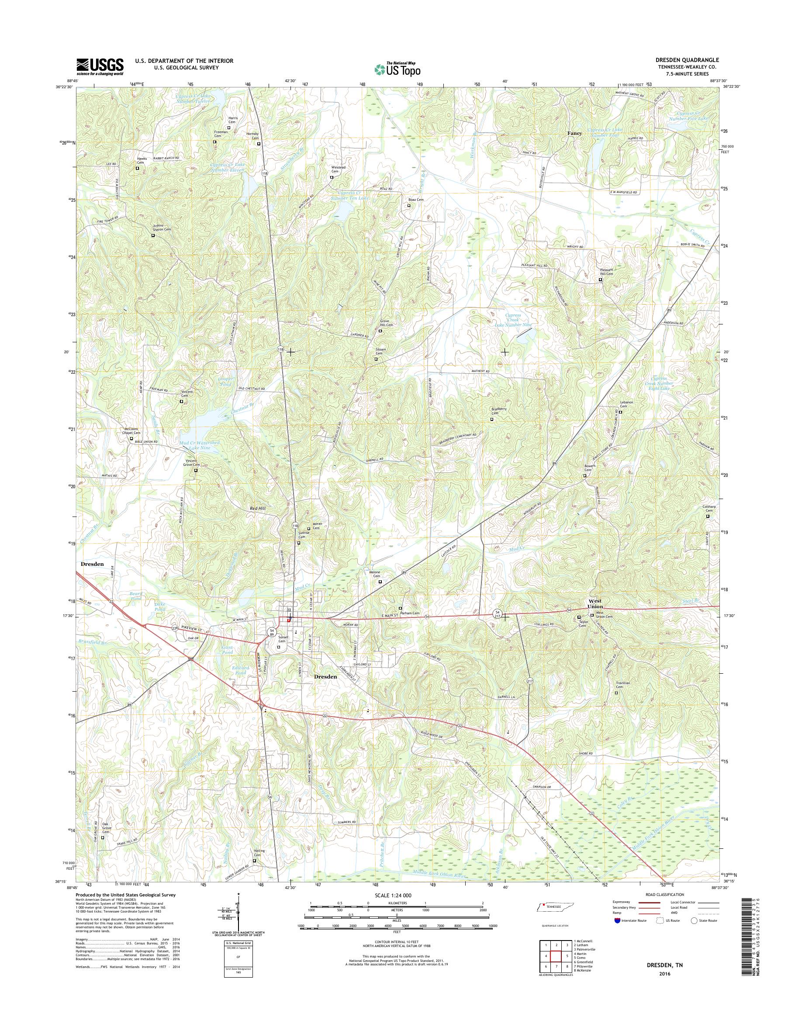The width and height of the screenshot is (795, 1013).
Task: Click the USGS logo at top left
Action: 100,66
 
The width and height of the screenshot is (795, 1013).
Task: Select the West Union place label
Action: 595,603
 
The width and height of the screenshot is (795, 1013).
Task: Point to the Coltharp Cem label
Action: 709,509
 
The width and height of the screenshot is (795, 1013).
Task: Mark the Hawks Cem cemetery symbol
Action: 137,169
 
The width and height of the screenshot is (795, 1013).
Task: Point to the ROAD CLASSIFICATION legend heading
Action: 664,894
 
